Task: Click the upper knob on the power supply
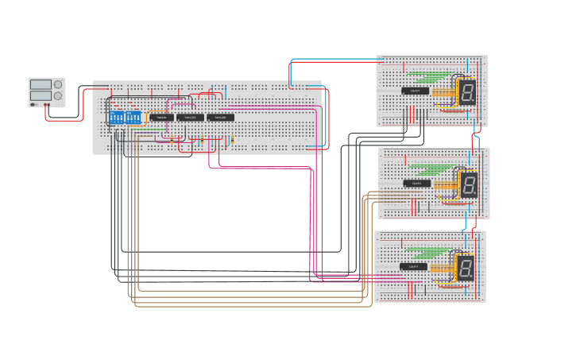point(58,84)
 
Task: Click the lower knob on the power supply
point(58,95)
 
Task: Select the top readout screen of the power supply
point(41,84)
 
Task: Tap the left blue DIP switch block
point(116,118)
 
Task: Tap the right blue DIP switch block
point(133,118)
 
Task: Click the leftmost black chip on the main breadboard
point(161,117)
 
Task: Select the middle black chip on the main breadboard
point(190,117)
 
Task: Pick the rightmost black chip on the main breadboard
point(220,117)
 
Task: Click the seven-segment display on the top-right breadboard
point(467,92)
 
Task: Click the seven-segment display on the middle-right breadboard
point(470,185)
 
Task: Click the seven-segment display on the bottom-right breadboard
point(466,268)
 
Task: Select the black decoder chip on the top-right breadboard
point(415,91)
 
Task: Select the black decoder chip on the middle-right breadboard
point(417,184)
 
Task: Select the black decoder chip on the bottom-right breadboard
point(413,266)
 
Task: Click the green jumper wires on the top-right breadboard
point(426,78)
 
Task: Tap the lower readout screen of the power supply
point(41,95)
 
